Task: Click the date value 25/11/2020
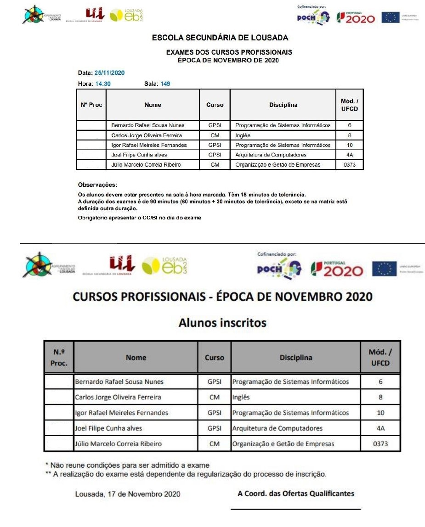click(x=110, y=73)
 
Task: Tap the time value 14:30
click(x=103, y=84)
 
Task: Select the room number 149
click(x=165, y=84)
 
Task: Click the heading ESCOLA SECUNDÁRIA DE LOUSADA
click(x=220, y=38)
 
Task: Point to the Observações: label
click(x=98, y=185)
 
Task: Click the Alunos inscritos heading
click(x=222, y=323)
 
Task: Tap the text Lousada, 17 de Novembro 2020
click(x=128, y=494)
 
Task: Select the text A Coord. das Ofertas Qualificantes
click(x=296, y=493)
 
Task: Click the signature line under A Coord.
click(x=295, y=509)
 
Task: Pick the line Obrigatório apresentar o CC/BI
click(x=140, y=218)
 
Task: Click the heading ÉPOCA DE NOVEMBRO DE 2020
click(x=228, y=60)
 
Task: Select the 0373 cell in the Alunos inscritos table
click(x=380, y=444)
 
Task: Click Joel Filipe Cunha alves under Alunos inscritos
click(x=108, y=428)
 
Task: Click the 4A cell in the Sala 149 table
click(x=350, y=155)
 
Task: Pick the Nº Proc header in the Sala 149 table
click(x=91, y=105)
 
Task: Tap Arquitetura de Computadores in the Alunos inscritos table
click(x=277, y=428)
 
